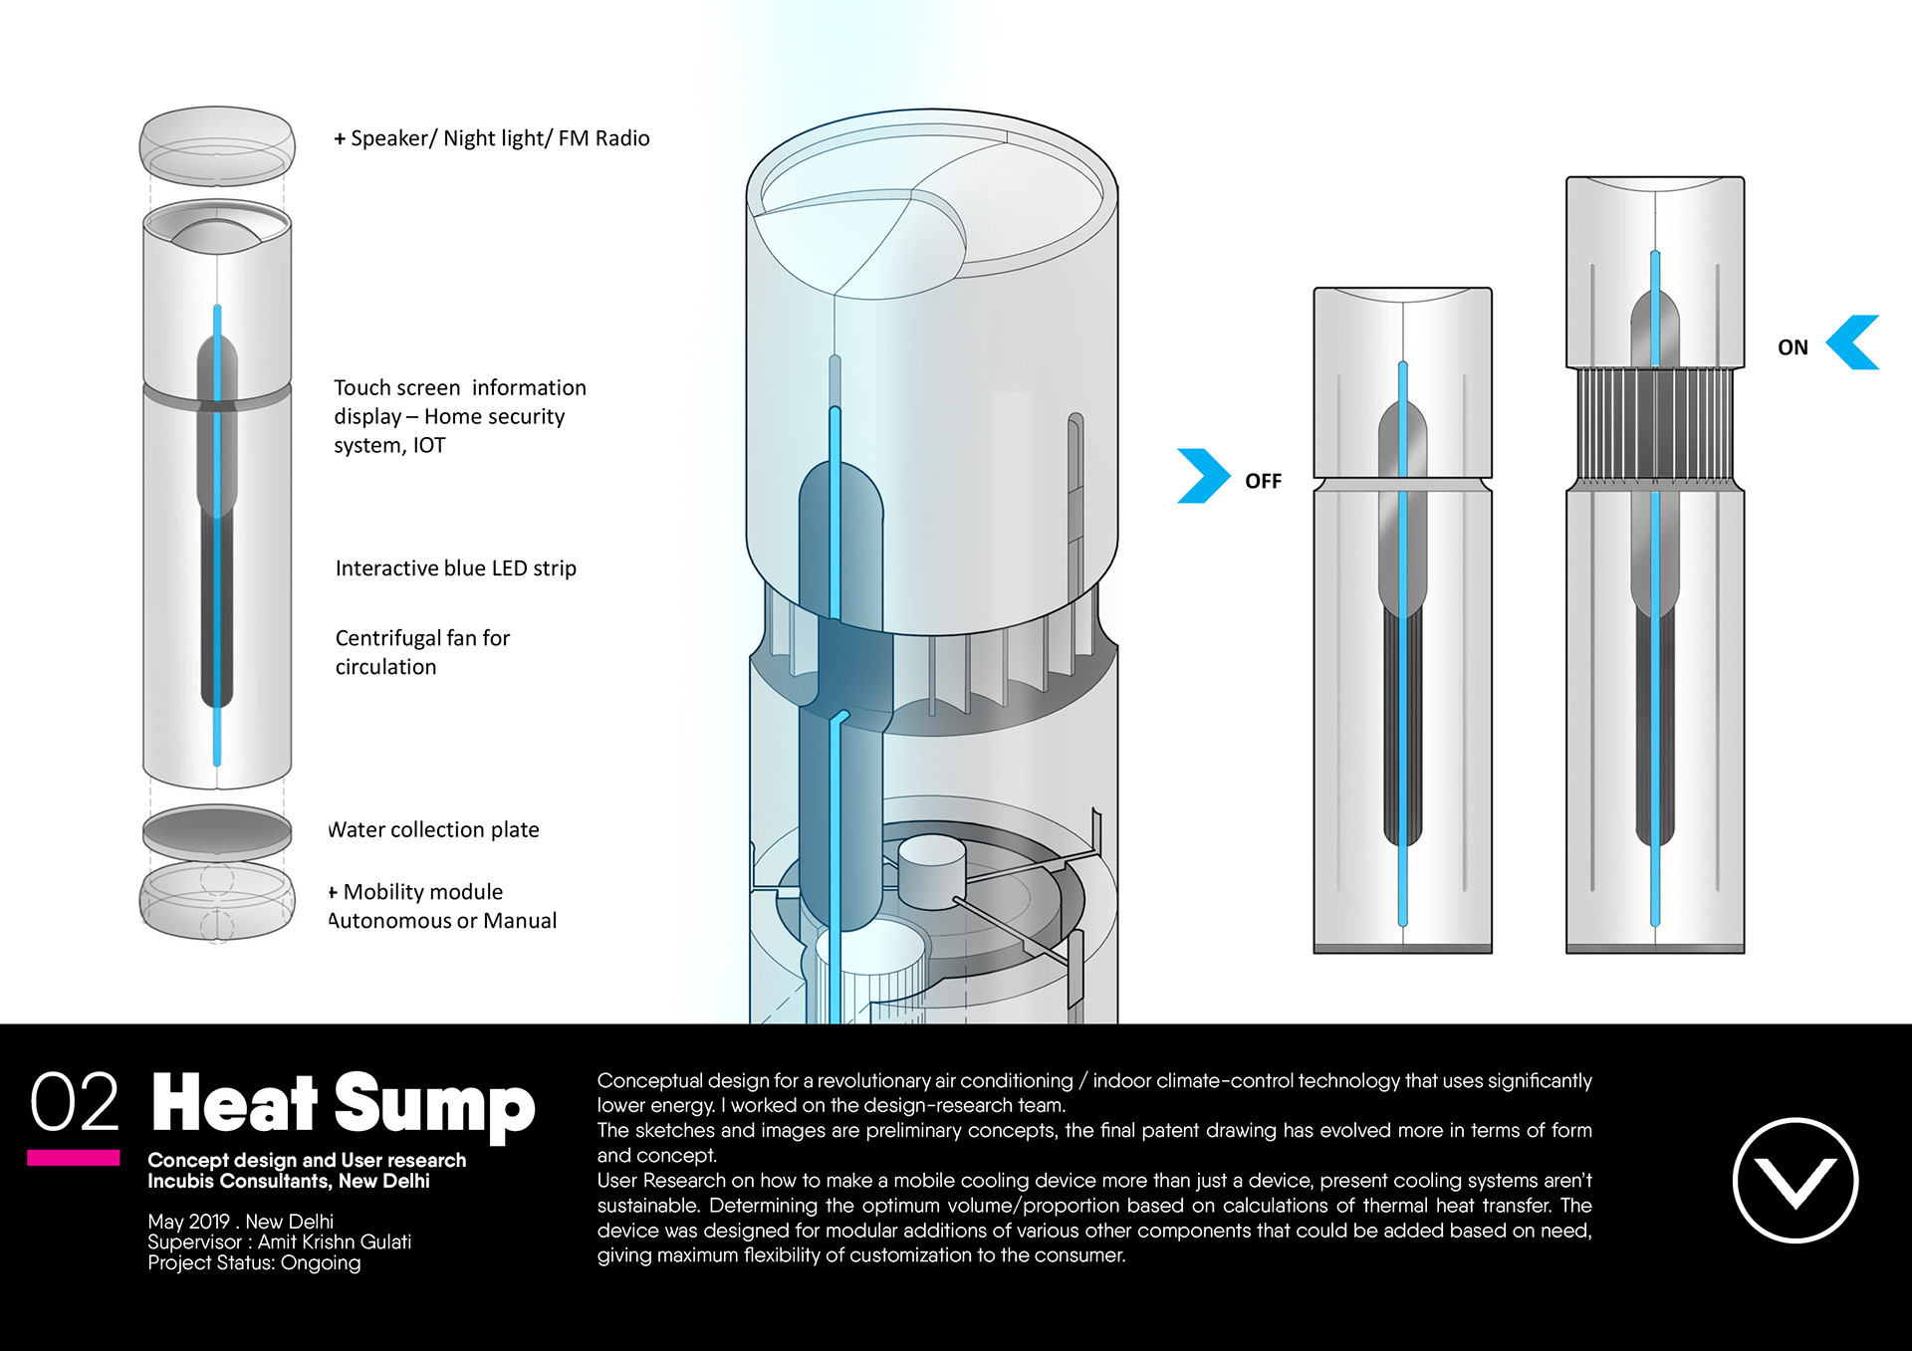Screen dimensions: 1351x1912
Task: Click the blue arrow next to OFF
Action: tap(1202, 476)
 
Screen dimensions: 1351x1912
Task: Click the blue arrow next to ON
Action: tap(1853, 342)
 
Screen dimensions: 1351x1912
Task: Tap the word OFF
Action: tap(1263, 481)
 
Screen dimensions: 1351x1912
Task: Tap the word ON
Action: tap(1792, 347)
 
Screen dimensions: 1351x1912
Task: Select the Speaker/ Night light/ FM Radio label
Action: tap(492, 138)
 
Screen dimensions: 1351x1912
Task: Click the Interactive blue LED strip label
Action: tap(455, 568)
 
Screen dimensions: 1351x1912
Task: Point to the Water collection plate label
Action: tap(434, 829)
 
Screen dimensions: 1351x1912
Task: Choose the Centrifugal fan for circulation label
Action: tap(422, 652)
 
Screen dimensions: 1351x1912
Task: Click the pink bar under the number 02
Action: tap(73, 1158)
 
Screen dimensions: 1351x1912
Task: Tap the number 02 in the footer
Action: tap(75, 1103)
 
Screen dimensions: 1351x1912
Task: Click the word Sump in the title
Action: tap(434, 1105)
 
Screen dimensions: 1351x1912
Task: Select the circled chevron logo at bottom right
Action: tap(1794, 1181)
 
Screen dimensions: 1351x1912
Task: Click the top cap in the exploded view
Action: tap(217, 146)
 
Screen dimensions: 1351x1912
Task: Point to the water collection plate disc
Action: tap(217, 831)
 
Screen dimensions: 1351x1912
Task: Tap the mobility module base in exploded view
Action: tap(217, 900)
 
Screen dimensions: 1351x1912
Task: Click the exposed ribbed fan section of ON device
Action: tap(1654, 426)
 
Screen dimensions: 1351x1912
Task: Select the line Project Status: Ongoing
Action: tap(254, 1263)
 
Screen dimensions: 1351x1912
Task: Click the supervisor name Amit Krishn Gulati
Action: tap(334, 1242)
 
